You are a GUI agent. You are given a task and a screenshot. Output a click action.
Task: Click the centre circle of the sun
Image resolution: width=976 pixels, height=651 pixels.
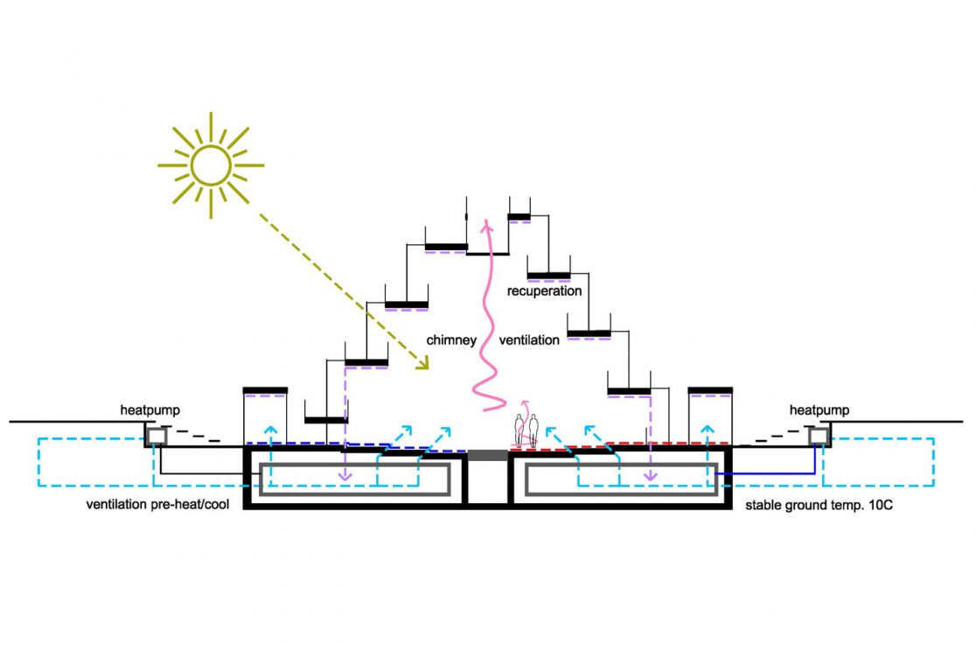pos(210,164)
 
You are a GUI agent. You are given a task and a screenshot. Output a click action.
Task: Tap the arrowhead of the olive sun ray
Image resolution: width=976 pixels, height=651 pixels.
pos(424,366)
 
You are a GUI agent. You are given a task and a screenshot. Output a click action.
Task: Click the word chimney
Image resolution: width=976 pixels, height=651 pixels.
pos(450,339)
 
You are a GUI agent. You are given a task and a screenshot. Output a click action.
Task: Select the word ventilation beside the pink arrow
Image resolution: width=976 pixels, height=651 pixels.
pos(529,339)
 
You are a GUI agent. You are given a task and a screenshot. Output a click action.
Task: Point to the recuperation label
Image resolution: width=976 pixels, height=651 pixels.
pos(544,290)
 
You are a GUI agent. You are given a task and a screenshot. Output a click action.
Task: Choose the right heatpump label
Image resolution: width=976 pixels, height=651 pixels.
pos(819,409)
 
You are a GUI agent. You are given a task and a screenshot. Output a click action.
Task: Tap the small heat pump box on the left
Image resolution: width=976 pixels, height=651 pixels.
pos(157,435)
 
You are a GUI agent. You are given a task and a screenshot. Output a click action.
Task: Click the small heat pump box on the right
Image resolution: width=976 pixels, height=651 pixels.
pos(819,435)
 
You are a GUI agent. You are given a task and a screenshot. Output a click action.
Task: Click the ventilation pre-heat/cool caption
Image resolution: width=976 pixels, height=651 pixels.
pos(153,506)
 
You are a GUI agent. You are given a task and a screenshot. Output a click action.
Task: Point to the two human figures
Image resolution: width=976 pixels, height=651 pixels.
pos(526,430)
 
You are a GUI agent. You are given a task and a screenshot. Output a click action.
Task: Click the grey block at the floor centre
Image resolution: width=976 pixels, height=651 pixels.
pos(487,455)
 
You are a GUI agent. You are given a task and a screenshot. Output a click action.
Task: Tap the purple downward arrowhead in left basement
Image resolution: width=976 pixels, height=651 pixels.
pos(345,477)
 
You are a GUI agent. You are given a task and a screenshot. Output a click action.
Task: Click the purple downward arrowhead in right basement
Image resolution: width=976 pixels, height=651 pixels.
pos(650,477)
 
